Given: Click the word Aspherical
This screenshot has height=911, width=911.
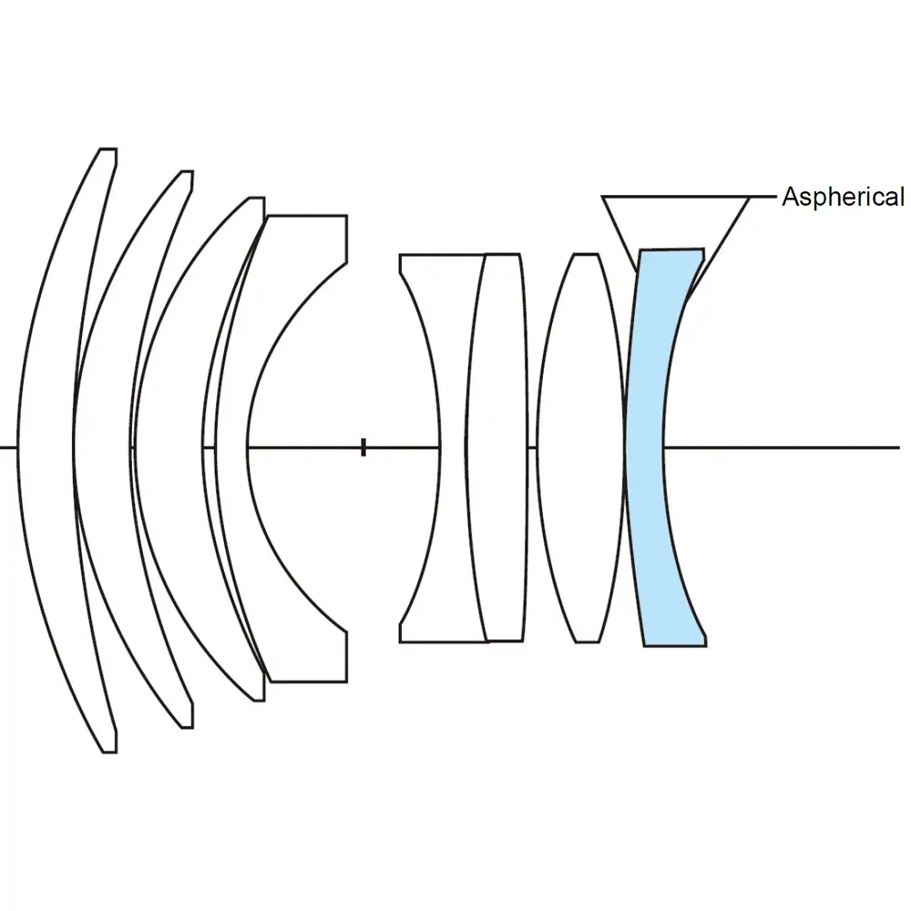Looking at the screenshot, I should (843, 197).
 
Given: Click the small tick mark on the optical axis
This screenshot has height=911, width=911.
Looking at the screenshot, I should (363, 447).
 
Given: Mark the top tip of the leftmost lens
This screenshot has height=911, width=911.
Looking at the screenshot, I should (107, 149).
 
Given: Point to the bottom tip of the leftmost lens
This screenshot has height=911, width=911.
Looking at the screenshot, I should (107, 752).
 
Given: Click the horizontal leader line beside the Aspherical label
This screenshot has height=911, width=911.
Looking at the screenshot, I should (763, 196).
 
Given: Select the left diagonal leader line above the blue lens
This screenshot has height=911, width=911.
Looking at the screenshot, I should (619, 233).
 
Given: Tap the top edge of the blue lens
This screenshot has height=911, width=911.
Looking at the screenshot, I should (670, 249).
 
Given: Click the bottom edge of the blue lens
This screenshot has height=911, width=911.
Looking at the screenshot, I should (675, 646).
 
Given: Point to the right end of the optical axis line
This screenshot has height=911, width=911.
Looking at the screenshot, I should (898, 447).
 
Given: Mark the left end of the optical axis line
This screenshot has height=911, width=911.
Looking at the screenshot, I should (3, 447).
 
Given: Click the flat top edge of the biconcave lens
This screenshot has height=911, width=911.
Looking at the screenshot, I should (441, 254).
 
